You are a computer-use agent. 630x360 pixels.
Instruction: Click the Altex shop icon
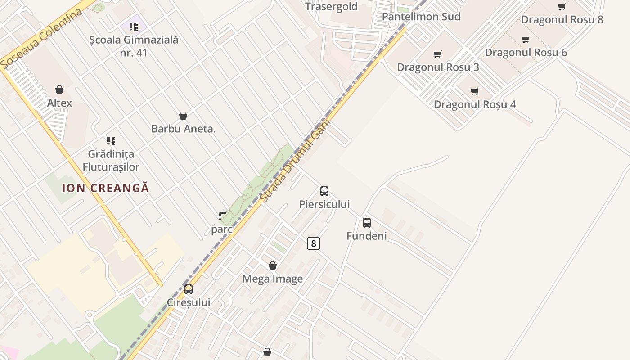click(x=59, y=90)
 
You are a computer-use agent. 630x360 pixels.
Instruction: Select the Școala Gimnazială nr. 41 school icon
click(x=134, y=27)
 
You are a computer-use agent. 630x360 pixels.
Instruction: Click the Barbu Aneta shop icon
click(x=183, y=116)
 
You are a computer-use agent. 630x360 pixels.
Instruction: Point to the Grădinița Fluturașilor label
click(x=111, y=161)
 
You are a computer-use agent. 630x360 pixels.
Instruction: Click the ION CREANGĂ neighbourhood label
click(x=105, y=188)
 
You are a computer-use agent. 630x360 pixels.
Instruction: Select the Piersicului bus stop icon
click(x=324, y=191)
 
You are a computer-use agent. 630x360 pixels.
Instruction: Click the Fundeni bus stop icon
click(x=367, y=222)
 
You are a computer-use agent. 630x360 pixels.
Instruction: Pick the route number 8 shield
click(x=314, y=243)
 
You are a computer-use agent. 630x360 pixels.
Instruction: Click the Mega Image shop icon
click(x=273, y=265)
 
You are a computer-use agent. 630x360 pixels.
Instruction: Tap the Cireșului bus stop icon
click(x=189, y=289)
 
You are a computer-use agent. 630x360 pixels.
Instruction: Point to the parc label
click(x=222, y=229)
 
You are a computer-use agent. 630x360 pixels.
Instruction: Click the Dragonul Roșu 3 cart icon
click(x=438, y=54)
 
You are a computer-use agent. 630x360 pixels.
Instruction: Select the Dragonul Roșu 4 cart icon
click(x=475, y=91)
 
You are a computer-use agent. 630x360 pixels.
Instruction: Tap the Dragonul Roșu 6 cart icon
click(x=526, y=39)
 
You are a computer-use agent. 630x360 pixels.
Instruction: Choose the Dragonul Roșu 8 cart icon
click(x=562, y=6)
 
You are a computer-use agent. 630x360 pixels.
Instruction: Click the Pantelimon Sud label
click(x=421, y=17)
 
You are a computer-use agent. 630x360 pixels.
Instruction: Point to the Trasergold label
click(x=331, y=7)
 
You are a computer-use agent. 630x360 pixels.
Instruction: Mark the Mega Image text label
click(x=273, y=279)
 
